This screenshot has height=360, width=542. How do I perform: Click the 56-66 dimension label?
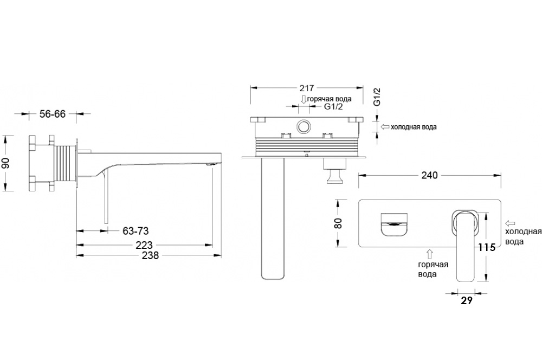(x=53, y=114)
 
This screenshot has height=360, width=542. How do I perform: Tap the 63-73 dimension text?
(x=135, y=230)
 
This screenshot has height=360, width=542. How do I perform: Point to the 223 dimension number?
(x=144, y=245)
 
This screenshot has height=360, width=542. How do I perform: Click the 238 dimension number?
(x=150, y=255)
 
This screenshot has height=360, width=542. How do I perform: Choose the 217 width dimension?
(x=307, y=88)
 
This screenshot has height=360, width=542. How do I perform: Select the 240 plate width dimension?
(x=429, y=175)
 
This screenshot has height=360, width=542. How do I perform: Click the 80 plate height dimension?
(x=338, y=223)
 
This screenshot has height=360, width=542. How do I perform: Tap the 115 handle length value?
(x=487, y=247)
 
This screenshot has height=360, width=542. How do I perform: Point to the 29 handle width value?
(x=467, y=301)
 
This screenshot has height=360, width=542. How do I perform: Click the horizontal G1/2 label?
(x=333, y=106)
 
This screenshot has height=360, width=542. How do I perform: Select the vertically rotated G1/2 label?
(x=377, y=97)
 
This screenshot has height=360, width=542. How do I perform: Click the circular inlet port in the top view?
(x=304, y=126)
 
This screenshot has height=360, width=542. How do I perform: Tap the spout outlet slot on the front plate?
(x=393, y=224)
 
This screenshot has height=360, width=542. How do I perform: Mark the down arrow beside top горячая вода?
(x=304, y=99)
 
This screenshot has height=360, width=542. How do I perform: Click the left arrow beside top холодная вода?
(x=385, y=127)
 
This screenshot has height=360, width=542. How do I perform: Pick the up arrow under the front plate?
(x=430, y=254)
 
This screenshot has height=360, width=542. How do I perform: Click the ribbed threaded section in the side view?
(x=66, y=163)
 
